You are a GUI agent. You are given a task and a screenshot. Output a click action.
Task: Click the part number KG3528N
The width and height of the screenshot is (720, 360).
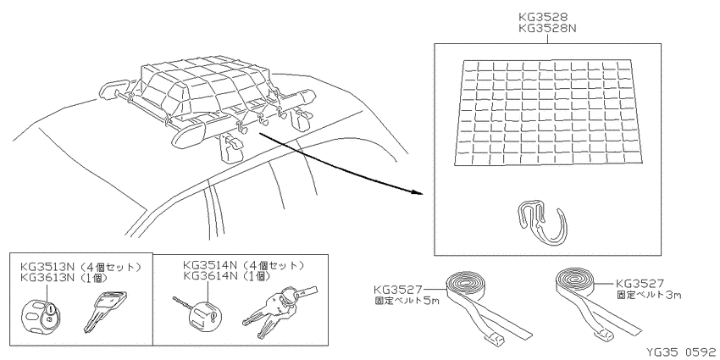(x=547, y=28)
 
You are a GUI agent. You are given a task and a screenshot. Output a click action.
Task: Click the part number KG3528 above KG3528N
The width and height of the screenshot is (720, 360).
(x=542, y=17)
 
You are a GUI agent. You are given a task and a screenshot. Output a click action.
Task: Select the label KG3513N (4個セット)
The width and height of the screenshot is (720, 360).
(x=80, y=267)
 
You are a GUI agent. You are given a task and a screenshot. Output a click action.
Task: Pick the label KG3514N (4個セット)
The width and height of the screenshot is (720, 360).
(x=243, y=265)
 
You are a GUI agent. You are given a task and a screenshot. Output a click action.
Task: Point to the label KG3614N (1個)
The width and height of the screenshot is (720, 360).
(x=226, y=276)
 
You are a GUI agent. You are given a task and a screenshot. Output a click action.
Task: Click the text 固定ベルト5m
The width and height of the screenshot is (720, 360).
(x=407, y=301)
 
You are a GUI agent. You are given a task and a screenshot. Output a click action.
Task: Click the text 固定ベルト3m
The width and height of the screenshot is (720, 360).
(x=649, y=295)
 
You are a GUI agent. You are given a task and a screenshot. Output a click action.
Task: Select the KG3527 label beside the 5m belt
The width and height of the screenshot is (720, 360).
(x=397, y=290)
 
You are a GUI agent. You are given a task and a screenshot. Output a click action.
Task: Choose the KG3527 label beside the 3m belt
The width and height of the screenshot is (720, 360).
(x=640, y=284)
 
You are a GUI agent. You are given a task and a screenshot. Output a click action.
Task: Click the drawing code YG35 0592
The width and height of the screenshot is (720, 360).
(x=681, y=352)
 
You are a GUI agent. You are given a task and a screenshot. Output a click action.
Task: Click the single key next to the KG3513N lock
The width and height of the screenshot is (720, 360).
(x=105, y=311)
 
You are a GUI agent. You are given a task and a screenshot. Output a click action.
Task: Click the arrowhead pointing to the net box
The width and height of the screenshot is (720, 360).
(x=416, y=192)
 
